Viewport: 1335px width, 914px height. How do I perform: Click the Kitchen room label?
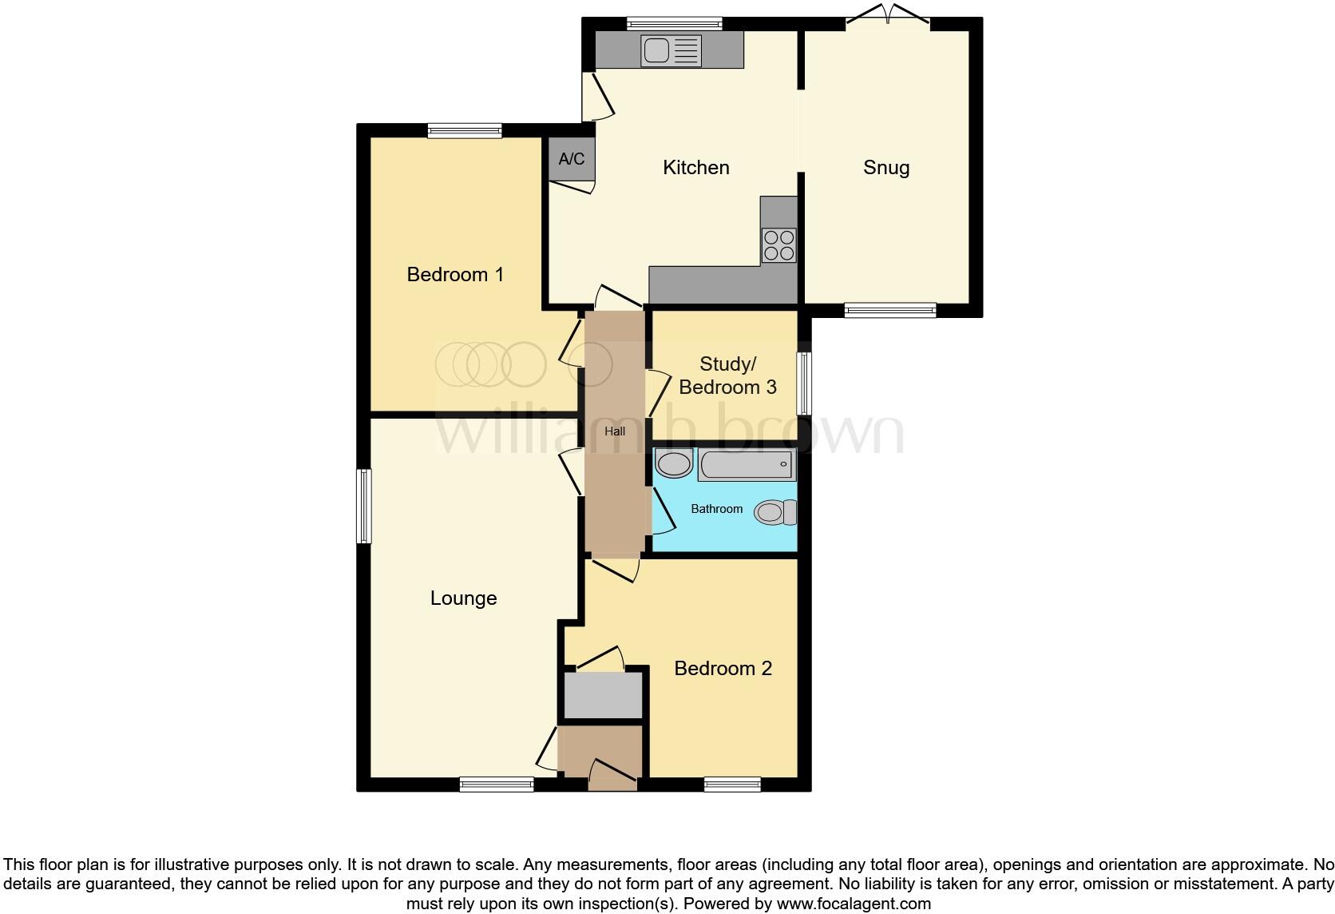pyautogui.click(x=695, y=168)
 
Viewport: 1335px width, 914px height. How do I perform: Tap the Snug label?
pyautogui.click(x=885, y=168)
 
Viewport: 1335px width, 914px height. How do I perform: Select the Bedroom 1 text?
pyautogui.click(x=455, y=275)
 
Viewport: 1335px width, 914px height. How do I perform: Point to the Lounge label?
pyautogui.click(x=463, y=598)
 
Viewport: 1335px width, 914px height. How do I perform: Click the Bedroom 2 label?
pyautogui.click(x=723, y=669)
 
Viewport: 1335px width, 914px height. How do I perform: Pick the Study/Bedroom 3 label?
pyautogui.click(x=727, y=376)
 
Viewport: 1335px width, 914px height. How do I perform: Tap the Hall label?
pyautogui.click(x=614, y=431)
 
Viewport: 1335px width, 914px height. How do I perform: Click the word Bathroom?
pyautogui.click(x=716, y=509)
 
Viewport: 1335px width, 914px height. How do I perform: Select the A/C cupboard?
pyautogui.click(x=571, y=159)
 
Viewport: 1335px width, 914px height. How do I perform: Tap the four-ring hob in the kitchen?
pyautogui.click(x=778, y=245)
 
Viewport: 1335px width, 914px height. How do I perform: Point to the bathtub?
pyautogui.click(x=746, y=464)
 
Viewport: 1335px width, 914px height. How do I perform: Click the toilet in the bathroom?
pyautogui.click(x=774, y=512)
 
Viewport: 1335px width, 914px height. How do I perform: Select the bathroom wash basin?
pyautogui.click(x=674, y=463)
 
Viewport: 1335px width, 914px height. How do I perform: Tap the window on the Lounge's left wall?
pyautogui.click(x=364, y=506)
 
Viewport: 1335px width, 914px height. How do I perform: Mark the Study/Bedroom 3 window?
pyautogui.click(x=805, y=384)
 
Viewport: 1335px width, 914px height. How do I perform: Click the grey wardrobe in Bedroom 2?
pyautogui.click(x=603, y=695)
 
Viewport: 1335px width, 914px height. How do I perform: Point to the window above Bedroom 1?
pyautogui.click(x=464, y=130)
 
